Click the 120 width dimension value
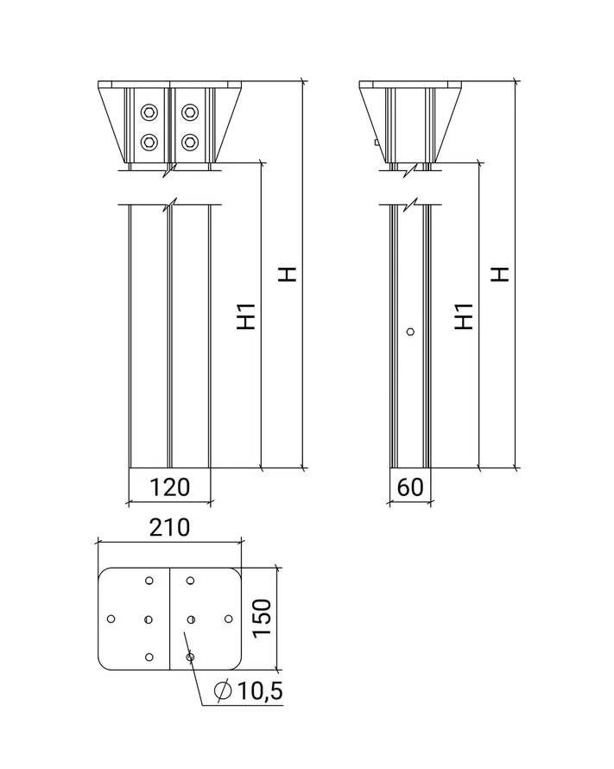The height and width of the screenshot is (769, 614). [169, 487]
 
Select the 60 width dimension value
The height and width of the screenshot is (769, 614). [410, 487]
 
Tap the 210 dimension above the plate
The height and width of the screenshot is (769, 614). [169, 528]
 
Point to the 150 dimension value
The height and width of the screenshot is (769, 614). [263, 618]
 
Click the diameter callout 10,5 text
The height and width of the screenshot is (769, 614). [260, 691]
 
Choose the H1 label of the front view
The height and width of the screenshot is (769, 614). [246, 316]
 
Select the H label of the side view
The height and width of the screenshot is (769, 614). [500, 274]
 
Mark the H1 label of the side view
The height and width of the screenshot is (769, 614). [464, 316]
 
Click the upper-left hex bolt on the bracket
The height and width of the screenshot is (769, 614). [149, 112]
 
